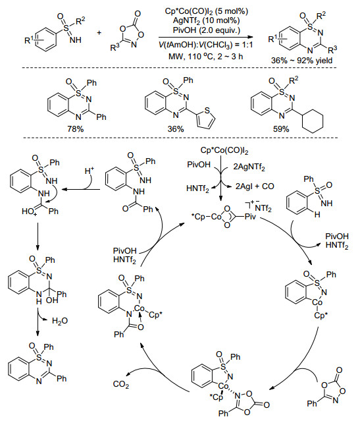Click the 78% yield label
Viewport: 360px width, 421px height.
[76, 129]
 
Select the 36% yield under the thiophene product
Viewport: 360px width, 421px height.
[176, 129]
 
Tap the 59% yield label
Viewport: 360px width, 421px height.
[281, 129]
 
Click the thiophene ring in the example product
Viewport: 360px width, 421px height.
[206, 119]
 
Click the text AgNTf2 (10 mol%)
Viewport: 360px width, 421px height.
[206, 20]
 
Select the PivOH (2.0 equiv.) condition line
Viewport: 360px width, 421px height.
[206, 30]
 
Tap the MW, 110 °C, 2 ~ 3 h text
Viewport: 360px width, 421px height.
[206, 57]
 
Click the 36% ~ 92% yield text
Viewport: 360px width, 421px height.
[302, 61]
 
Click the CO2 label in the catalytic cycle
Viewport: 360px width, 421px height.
[121, 385]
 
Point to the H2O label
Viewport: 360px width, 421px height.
[60, 321]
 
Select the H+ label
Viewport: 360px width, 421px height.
[90, 170]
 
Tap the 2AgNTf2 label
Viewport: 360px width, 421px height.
[249, 167]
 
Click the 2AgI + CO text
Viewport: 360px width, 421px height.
[255, 186]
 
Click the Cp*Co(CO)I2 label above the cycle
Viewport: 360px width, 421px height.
[224, 151]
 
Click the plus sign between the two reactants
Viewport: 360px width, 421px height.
[99, 33]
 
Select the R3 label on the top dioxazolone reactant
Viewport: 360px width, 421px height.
[115, 47]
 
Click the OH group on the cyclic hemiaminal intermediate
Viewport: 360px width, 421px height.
[51, 300]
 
